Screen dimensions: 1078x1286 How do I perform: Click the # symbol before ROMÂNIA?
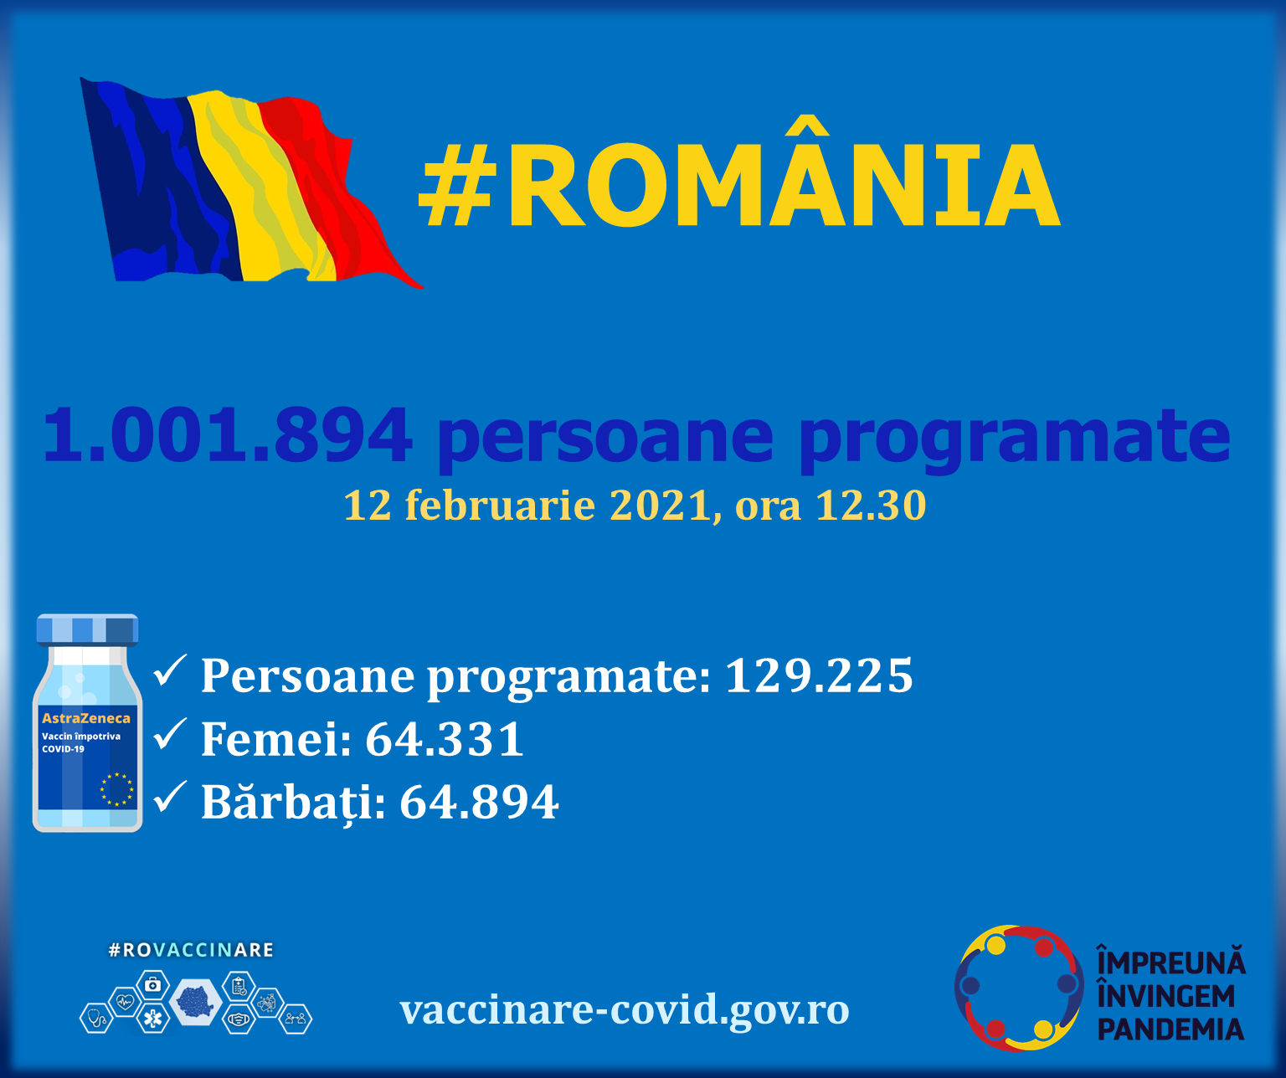(455, 186)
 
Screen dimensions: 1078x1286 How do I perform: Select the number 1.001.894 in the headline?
(227, 435)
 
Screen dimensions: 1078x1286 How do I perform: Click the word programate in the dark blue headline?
(1014, 437)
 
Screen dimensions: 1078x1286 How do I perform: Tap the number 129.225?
(818, 675)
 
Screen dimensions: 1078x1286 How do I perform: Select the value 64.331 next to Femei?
(445, 739)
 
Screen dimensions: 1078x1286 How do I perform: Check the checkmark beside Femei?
(170, 735)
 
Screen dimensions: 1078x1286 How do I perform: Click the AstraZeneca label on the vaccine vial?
(86, 718)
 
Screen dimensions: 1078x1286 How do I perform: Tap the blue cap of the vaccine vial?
(87, 629)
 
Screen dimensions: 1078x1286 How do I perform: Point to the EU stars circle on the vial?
(116, 789)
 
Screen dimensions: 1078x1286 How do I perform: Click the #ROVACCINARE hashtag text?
(191, 950)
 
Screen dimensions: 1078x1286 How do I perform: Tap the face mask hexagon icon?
(239, 1019)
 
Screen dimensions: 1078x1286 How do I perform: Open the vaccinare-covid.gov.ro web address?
(625, 1010)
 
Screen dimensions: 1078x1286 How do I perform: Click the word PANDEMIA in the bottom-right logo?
(1170, 1029)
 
